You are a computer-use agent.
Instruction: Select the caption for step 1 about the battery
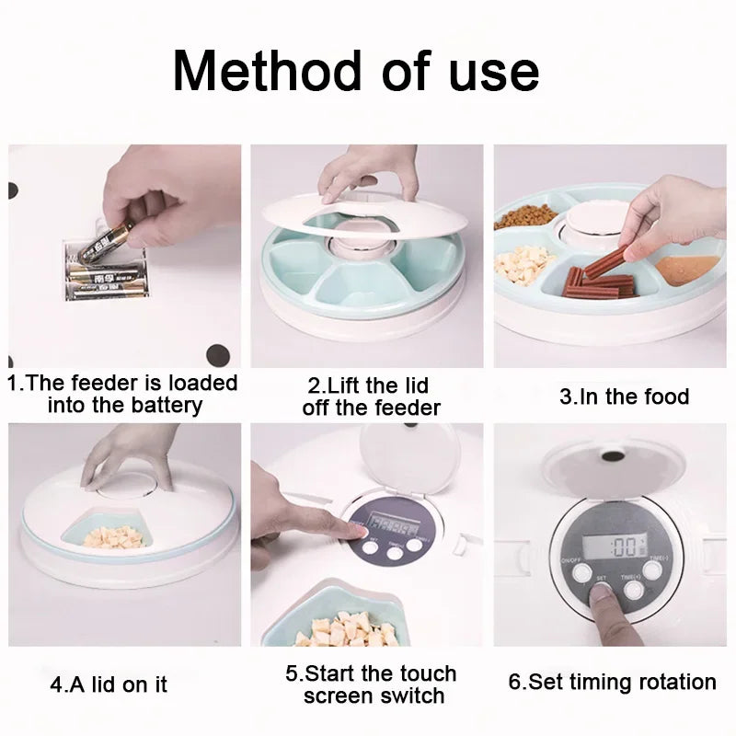click(122, 393)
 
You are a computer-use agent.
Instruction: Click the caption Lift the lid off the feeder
click(372, 396)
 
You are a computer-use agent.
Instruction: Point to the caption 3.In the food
click(624, 397)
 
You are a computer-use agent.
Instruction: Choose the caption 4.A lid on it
click(109, 685)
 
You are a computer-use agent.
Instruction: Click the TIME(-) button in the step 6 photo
click(652, 570)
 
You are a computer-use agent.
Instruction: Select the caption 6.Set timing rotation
click(612, 682)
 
